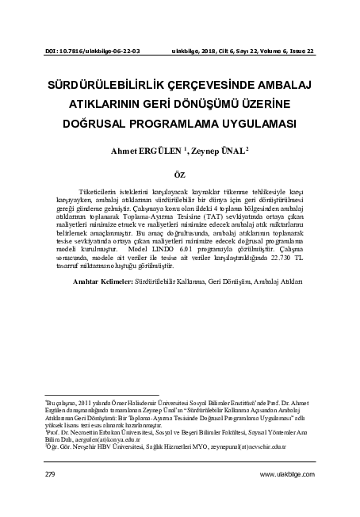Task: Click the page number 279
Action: [x=50, y=473]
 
